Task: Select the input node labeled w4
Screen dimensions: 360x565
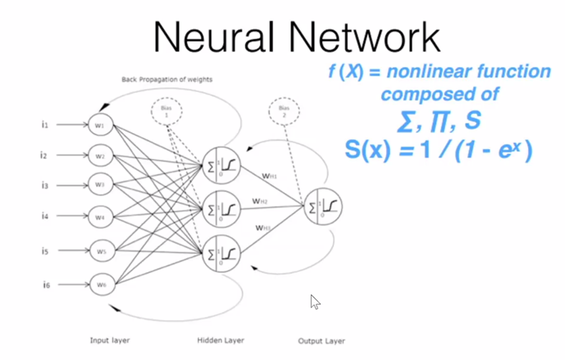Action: click(101, 216)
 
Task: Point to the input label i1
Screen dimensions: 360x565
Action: click(44, 124)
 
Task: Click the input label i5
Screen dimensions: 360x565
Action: click(44, 251)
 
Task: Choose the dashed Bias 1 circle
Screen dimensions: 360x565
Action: click(167, 111)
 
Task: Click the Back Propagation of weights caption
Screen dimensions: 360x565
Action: click(167, 80)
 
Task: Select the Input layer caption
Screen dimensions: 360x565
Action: click(109, 340)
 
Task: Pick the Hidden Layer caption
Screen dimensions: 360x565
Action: click(220, 340)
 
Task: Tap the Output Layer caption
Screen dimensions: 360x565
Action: click(321, 341)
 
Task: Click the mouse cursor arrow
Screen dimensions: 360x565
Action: click(314, 301)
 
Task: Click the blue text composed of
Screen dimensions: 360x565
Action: click(439, 94)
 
